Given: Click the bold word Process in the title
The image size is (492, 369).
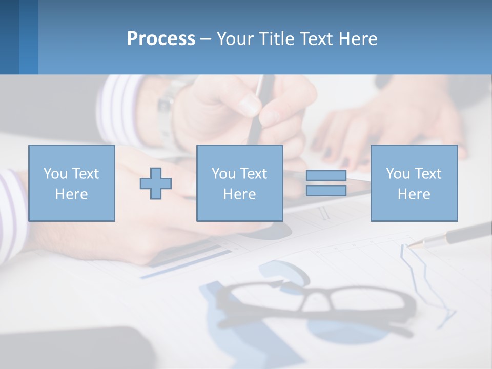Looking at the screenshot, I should pos(161,39).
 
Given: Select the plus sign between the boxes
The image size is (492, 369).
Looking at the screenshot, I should pos(156,183).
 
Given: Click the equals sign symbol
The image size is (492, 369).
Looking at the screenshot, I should pos(326,183).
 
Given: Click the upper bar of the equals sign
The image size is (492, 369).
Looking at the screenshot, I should pos(326,176).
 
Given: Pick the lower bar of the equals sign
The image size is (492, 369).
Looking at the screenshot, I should pos(326,190).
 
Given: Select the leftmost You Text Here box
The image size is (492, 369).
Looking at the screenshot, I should pos(71,183).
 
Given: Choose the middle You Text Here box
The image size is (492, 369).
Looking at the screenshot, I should pos(239,183).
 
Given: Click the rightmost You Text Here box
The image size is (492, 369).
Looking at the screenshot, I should pos(414,183).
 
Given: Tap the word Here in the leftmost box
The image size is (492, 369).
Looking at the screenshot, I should pos(71,194).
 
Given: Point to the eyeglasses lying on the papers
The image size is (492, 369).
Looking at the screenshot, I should pos(313,302).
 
